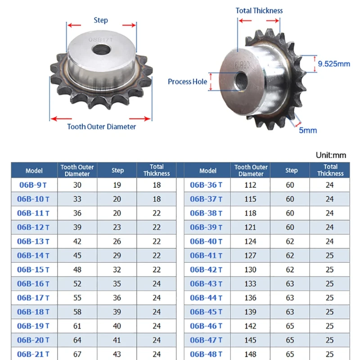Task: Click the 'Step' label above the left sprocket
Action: [101, 20]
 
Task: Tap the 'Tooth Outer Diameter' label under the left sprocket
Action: [102, 126]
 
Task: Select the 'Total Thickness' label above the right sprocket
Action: [259, 10]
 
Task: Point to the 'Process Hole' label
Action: [187, 81]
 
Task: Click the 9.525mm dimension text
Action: [334, 64]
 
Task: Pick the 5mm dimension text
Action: [308, 130]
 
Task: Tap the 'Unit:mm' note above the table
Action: [331, 155]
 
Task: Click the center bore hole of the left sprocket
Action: [101, 49]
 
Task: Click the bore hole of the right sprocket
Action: [241, 81]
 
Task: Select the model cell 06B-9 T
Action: [33, 185]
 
